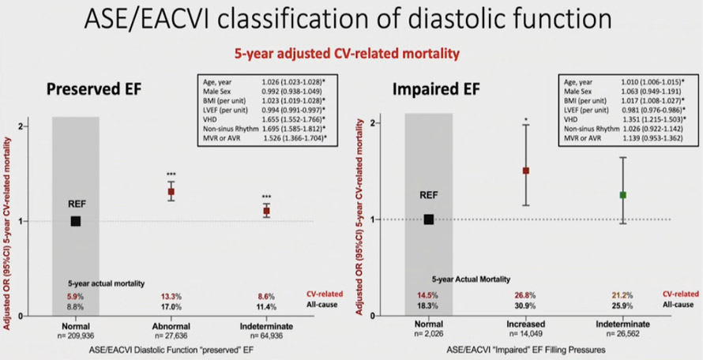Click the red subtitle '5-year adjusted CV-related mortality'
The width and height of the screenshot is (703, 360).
point(351,54)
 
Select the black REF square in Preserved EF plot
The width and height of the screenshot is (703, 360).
point(76,221)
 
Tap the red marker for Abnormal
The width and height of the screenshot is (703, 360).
point(171,192)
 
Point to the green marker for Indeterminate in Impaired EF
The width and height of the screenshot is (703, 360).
point(622,194)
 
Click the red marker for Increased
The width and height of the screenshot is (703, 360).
point(525,171)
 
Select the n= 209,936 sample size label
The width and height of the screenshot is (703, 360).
point(75,334)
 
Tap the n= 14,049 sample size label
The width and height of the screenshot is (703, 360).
point(524,334)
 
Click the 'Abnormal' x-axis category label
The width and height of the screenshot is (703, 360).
point(171,324)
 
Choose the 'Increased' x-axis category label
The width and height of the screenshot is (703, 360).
point(524,324)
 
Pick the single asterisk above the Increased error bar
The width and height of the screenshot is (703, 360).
point(525,121)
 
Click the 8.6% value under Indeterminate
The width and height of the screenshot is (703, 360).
point(265,296)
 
